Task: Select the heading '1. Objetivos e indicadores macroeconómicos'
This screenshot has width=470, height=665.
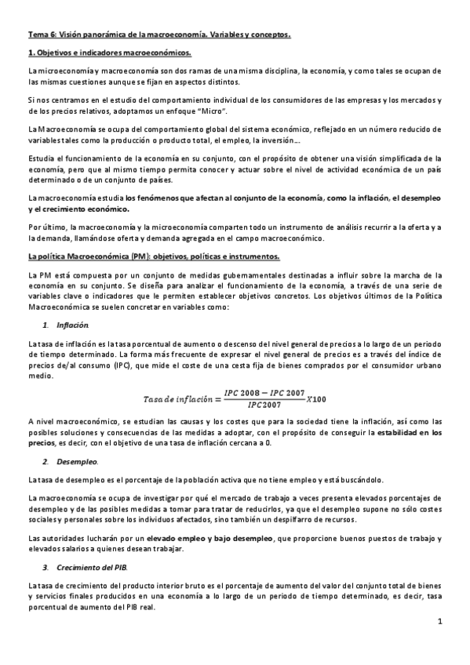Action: [x=109, y=53]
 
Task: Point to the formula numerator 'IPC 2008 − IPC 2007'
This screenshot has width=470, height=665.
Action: [x=263, y=392]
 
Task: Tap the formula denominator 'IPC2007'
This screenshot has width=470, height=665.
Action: [x=263, y=405]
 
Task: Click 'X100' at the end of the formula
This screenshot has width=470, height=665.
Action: [x=314, y=399]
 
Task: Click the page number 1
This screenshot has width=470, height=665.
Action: [x=440, y=622]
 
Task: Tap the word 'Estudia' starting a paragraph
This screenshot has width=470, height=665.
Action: [x=40, y=158]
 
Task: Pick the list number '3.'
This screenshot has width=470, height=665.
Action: [x=46, y=568]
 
